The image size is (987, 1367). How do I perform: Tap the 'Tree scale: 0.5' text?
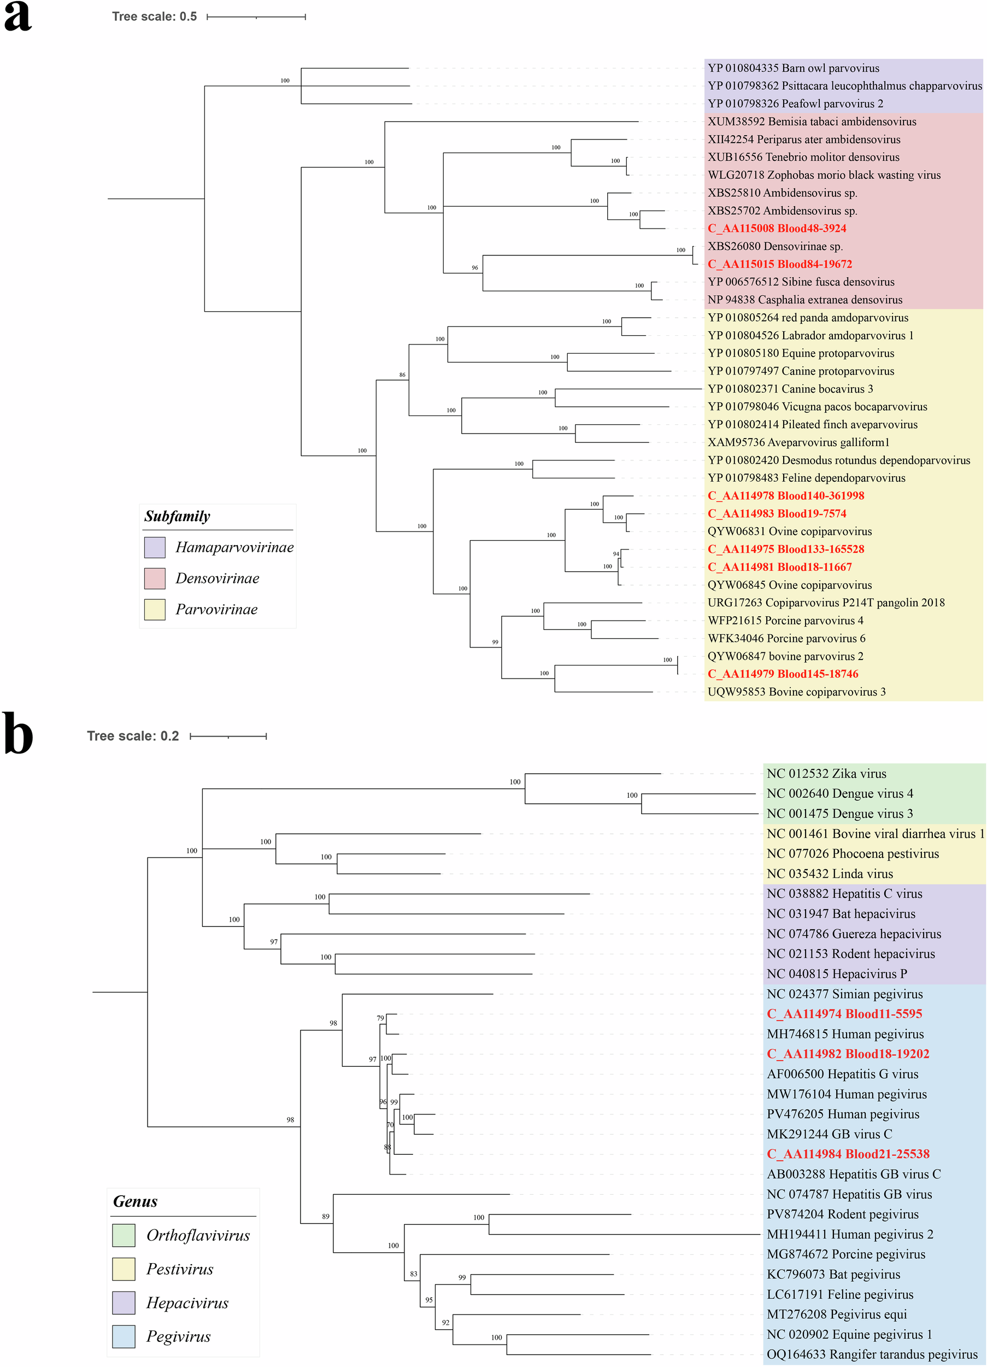click(154, 17)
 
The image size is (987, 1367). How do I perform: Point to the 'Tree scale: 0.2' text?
click(133, 736)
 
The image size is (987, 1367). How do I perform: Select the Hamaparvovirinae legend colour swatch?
click(155, 547)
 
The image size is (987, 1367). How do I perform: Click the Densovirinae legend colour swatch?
click(155, 579)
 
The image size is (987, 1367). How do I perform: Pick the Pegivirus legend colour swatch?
click(124, 1336)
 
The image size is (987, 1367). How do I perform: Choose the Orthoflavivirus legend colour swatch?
click(124, 1235)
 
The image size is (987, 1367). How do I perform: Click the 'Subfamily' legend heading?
click(177, 517)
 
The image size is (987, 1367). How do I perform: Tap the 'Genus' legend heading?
click(135, 1201)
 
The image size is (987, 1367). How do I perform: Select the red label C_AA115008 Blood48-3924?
click(777, 229)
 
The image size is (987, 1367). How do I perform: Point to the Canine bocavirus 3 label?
click(790, 389)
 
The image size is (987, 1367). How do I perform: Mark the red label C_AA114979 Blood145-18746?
click(783, 674)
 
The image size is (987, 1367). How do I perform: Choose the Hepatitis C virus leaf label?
click(844, 894)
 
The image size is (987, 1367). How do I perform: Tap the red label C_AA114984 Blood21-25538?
click(848, 1154)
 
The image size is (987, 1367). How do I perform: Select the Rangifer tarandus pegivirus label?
click(872, 1354)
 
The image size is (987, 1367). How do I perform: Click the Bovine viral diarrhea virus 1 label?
click(875, 833)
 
